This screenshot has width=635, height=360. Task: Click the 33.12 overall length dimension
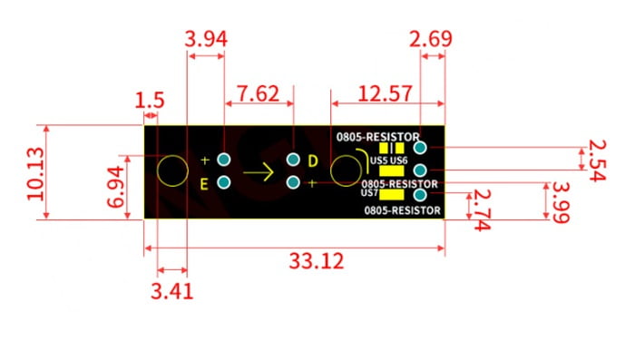(x=317, y=261)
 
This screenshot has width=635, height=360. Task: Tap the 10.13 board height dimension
(x=35, y=174)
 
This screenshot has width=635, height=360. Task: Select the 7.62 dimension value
(x=258, y=94)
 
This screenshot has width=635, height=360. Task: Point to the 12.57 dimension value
(x=386, y=93)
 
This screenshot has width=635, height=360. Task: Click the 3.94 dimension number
(x=206, y=40)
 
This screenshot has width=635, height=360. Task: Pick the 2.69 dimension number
(x=431, y=39)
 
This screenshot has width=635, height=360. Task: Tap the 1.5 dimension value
(x=150, y=100)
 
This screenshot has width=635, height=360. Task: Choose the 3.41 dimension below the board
(x=171, y=291)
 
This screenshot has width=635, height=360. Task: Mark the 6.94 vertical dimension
(x=116, y=187)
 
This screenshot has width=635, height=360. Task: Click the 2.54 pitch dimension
(x=597, y=161)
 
